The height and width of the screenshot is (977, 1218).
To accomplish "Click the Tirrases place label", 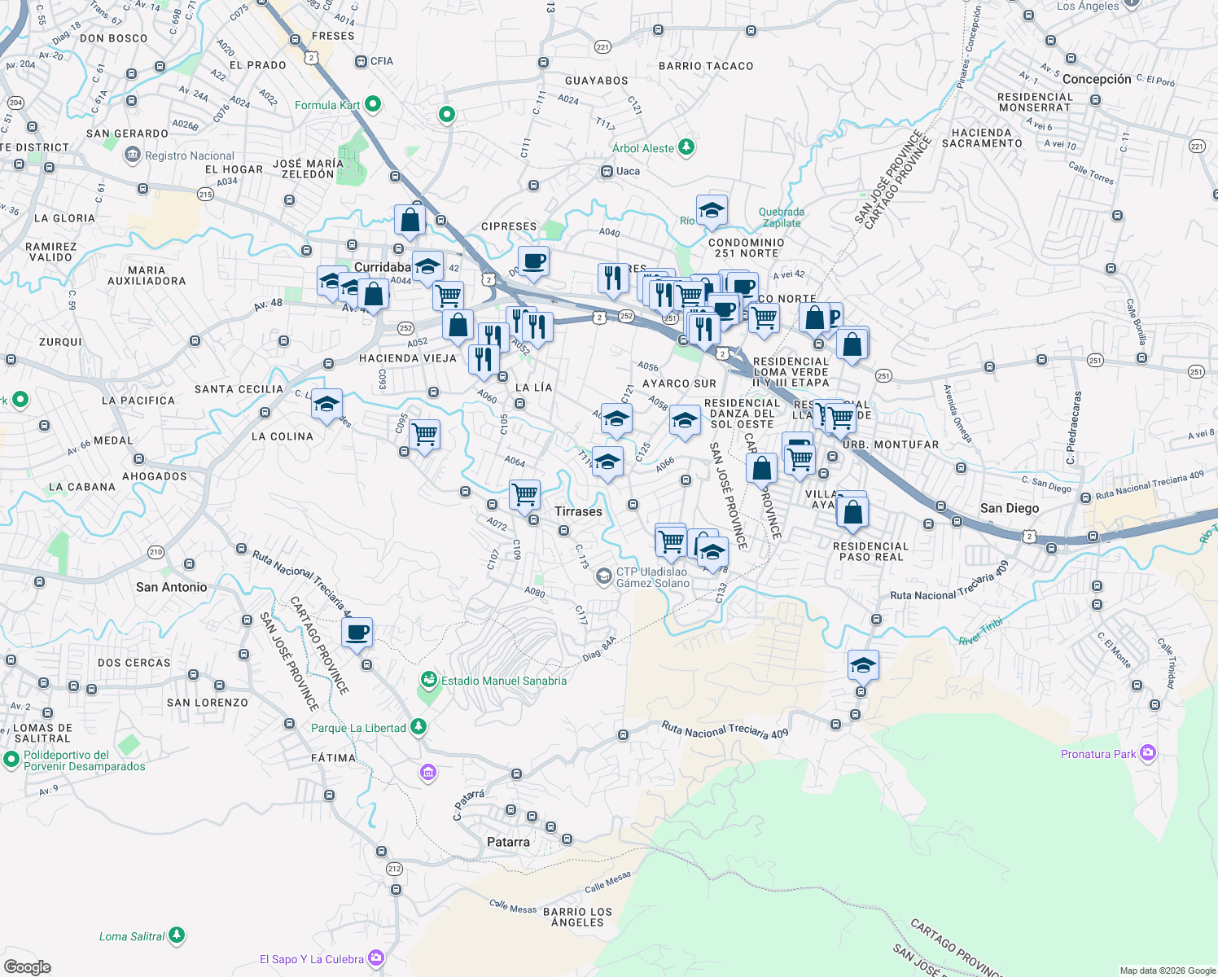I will tap(578, 511).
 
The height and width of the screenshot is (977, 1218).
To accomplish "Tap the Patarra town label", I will tap(508, 842).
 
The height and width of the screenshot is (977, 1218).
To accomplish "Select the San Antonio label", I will tap(171, 587).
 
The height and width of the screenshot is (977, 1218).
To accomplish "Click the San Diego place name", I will tap(1010, 508).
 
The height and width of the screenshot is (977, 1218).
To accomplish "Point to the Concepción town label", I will tap(1097, 79).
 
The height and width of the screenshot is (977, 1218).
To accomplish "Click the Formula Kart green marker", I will tap(373, 104).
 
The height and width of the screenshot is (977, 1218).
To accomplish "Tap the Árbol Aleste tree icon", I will tap(686, 147).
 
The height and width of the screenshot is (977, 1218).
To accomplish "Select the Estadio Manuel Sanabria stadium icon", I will tap(428, 680).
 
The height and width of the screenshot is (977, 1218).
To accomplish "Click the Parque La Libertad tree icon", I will tap(418, 726).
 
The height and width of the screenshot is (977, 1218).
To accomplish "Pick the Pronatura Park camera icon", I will tap(1148, 753).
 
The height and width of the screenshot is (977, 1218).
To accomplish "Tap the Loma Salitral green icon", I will tap(177, 936).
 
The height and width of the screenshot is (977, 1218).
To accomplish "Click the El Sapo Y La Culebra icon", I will tap(375, 958).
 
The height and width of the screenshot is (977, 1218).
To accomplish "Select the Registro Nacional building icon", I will tap(132, 155).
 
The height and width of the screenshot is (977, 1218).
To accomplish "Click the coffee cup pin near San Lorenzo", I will tap(357, 632).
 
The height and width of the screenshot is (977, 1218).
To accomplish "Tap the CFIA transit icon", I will tap(361, 61).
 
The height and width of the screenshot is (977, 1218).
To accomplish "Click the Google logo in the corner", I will tap(27, 966).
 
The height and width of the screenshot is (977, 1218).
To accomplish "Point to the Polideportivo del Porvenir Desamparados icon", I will tap(11, 760).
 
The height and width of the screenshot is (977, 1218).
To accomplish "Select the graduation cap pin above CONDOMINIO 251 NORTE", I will tap(712, 211).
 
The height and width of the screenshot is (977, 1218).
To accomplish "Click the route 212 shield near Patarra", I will tap(394, 869).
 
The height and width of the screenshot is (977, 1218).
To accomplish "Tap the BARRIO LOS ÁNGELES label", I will tap(577, 917).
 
